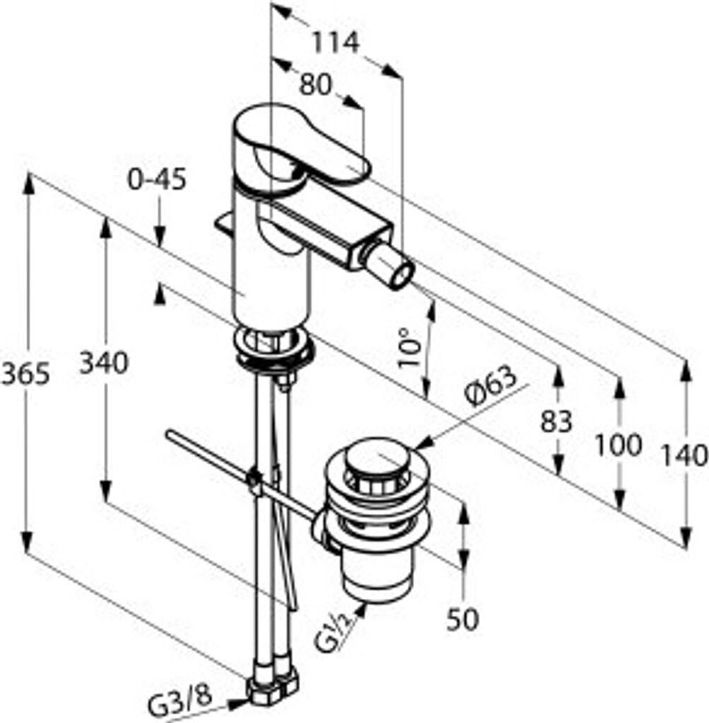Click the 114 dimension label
click(336, 43)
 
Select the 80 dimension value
click(316, 85)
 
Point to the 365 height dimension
click(26, 374)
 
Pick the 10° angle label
click(409, 347)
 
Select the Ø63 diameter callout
click(491, 386)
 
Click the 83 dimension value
click(556, 421)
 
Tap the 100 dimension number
click(618, 445)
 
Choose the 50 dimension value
click(462, 619)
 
